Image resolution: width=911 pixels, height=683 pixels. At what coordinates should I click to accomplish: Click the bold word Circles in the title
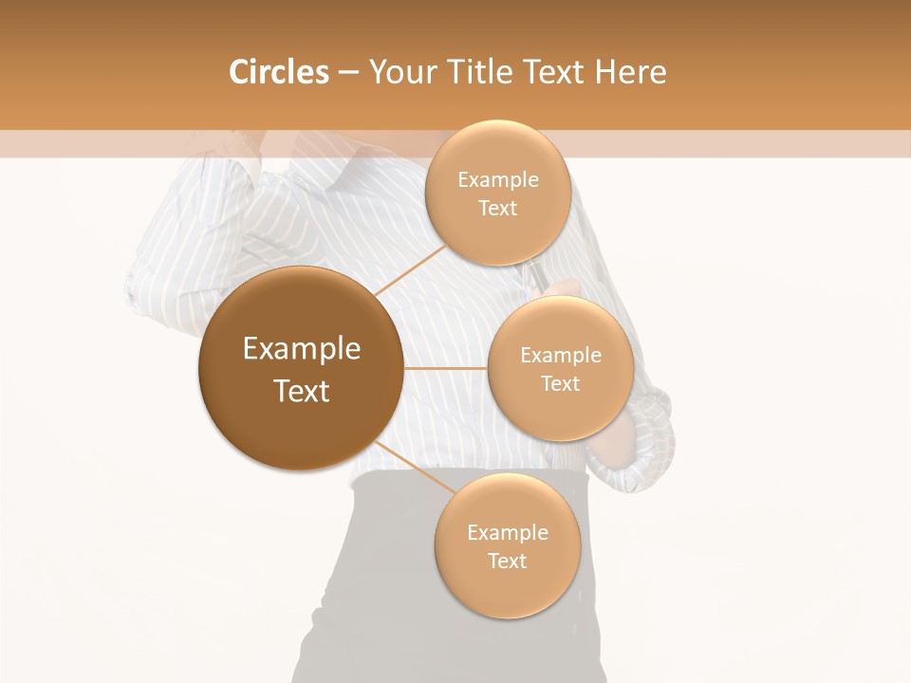coord(278,72)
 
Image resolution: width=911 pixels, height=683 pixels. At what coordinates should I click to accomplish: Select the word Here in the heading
coord(633,72)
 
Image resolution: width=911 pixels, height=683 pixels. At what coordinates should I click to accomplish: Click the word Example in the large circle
coord(302,349)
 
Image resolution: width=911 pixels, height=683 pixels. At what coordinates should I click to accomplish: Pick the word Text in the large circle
coord(302,391)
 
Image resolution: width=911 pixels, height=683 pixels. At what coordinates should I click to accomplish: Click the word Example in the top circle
coord(498,180)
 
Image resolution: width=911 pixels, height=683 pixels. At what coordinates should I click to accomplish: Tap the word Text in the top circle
coord(498,209)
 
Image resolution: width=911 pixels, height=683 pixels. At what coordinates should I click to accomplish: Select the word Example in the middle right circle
coord(561,356)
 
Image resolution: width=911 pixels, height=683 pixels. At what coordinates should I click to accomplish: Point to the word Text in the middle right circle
coord(561,384)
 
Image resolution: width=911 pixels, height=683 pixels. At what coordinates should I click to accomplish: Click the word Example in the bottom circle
coord(508,533)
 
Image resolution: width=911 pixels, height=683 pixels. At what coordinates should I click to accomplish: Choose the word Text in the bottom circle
coord(508,562)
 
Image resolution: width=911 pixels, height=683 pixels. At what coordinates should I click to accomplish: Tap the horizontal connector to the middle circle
coord(445,368)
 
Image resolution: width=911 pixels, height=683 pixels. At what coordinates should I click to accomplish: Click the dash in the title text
coord(348,73)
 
